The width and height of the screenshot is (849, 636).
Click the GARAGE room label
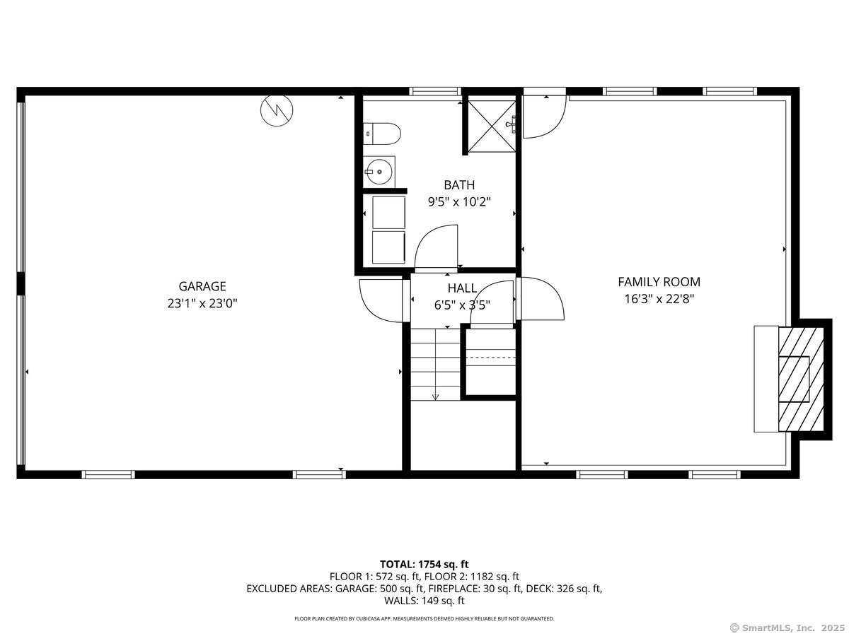coord(202,286)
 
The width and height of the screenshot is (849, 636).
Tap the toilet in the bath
coord(383,134)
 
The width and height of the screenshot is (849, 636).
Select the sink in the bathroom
coord(379,172)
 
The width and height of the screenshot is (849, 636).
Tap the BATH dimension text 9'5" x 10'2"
coord(459,201)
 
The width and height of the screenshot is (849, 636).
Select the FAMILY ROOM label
coord(659,282)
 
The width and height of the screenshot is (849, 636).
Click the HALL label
coord(462,288)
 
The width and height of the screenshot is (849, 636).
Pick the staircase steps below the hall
coord(435,364)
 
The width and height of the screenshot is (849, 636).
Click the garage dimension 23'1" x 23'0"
coord(202,303)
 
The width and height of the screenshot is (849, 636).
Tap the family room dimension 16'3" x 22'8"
coord(659,298)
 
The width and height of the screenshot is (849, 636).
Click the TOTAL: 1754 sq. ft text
coord(424,564)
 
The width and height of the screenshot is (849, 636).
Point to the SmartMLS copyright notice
coord(787,628)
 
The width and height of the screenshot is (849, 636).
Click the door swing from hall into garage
coord(382,300)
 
